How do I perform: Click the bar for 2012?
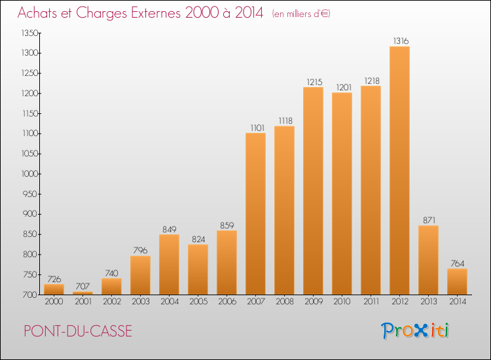[x=399, y=171]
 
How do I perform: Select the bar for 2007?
[x=255, y=214]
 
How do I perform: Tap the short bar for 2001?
[x=82, y=293]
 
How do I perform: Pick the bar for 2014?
[x=457, y=281]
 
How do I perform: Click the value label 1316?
[x=401, y=41]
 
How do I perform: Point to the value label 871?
[x=429, y=220]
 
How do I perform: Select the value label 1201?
[x=344, y=87]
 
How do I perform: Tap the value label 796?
[x=140, y=251]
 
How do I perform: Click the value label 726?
[x=54, y=279]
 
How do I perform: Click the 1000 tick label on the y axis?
[x=29, y=173]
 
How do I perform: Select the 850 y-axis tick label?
[x=31, y=234]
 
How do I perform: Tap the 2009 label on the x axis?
[x=314, y=301]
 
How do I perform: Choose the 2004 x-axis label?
[x=170, y=301]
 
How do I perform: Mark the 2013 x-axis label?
[x=428, y=301]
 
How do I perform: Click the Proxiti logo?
[x=415, y=331]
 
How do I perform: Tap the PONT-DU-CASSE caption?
[x=78, y=331]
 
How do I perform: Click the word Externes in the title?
[x=156, y=13]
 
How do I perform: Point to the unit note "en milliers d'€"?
[x=301, y=14]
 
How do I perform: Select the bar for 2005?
[x=198, y=270]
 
